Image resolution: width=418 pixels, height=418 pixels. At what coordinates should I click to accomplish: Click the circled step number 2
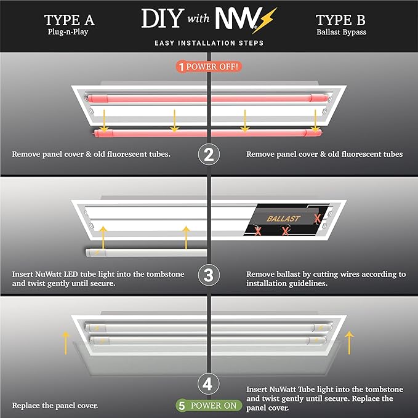pyautogui.click(x=209, y=154)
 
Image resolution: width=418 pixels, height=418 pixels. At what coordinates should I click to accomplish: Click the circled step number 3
pyautogui.click(x=209, y=274)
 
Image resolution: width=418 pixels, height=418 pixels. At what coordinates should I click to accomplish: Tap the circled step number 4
pyautogui.click(x=209, y=385)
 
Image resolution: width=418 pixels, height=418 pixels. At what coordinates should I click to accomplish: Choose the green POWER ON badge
pyautogui.click(x=208, y=406)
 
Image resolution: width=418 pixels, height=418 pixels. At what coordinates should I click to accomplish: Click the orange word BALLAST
pyautogui.click(x=283, y=219)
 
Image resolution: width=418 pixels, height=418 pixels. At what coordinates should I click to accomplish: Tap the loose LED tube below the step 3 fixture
pyautogui.click(x=142, y=251)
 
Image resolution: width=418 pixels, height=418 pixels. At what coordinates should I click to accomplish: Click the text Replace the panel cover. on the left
pyautogui.click(x=55, y=406)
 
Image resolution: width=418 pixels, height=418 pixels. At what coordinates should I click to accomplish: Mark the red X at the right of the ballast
pyautogui.click(x=316, y=219)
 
